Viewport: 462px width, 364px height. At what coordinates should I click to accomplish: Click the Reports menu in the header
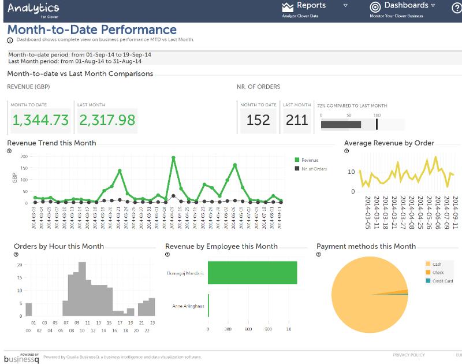tap(311, 6)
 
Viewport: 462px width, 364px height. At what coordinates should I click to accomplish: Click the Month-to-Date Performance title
tap(92, 29)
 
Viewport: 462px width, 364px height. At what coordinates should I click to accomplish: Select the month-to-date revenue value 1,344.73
tap(40, 120)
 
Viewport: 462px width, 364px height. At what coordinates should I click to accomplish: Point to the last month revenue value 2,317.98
tap(107, 120)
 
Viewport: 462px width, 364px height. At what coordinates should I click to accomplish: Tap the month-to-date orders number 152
tap(258, 120)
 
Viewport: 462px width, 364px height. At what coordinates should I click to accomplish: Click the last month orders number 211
tap(297, 120)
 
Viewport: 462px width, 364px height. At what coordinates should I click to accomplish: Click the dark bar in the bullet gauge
tap(341, 124)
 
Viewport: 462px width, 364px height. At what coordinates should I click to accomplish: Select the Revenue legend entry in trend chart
tap(310, 160)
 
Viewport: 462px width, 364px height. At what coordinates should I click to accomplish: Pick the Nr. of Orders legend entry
tap(314, 169)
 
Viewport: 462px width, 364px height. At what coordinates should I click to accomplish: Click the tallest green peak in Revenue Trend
tap(173, 157)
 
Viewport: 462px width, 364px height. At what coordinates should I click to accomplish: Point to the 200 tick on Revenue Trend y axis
tap(24, 157)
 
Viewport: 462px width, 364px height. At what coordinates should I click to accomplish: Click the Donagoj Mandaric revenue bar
tap(252, 273)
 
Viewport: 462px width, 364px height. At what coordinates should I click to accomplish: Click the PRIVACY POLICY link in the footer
tap(408, 355)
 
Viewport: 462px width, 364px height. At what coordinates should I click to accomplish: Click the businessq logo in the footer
tap(21, 358)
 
